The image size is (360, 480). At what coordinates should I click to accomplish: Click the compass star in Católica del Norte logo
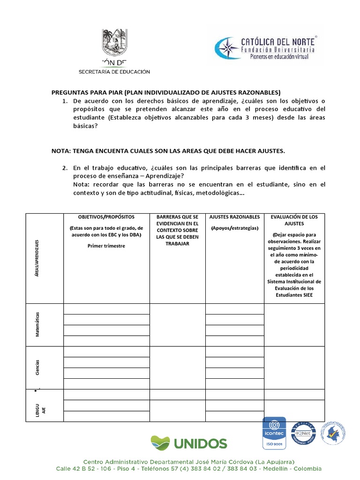tap(226, 48)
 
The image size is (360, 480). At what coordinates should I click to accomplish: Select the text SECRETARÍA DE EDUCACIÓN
tap(114, 72)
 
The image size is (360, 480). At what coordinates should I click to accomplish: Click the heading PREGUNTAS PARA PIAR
tap(165, 92)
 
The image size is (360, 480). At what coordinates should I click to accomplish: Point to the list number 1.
tap(65, 101)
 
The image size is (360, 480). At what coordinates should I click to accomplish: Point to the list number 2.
tap(65, 167)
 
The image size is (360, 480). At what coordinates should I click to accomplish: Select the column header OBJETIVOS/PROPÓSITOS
tap(106, 217)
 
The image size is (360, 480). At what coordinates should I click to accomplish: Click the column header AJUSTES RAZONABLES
tap(234, 217)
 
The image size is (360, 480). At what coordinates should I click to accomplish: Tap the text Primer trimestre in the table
tap(106, 246)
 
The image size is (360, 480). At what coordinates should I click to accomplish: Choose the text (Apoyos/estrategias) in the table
tap(234, 228)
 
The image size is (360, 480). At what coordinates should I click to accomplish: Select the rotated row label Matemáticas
tap(37, 324)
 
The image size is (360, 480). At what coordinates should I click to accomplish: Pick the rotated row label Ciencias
tap(37, 367)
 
